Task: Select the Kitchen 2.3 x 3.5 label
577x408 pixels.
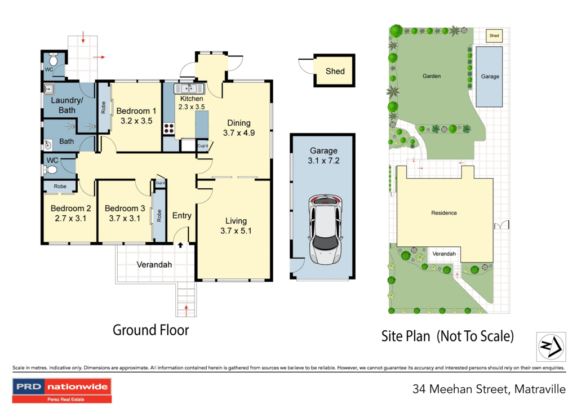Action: [191, 103]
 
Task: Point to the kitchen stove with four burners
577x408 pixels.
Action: [168, 128]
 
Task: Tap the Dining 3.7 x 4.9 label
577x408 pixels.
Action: [238, 128]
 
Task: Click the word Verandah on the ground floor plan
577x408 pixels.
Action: [154, 264]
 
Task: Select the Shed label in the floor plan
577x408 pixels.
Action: [335, 71]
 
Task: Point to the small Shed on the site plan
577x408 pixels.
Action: [494, 36]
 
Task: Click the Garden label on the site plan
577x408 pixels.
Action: [432, 76]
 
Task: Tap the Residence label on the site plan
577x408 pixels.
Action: [444, 213]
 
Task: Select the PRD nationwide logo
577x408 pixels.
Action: [62, 390]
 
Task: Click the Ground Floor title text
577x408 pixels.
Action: [150, 330]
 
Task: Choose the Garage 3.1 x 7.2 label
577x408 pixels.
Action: [323, 156]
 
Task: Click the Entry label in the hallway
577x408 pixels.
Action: [181, 216]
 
